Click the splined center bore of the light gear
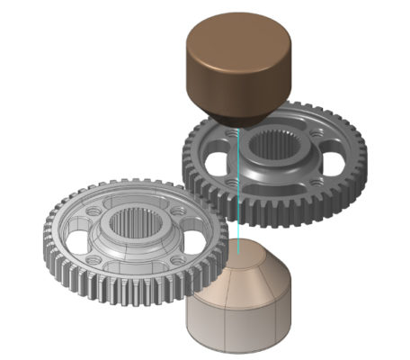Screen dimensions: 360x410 tap(136, 224)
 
